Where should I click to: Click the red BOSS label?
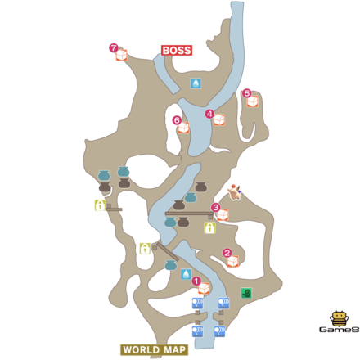(176, 51)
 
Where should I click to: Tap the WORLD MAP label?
(154, 349)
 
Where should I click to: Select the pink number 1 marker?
(196, 281)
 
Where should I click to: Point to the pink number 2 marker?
(227, 253)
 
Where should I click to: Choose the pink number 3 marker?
(215, 208)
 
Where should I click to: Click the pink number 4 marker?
(209, 114)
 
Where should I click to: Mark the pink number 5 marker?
(247, 93)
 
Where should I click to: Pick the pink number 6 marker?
(177, 120)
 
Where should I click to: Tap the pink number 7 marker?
(113, 47)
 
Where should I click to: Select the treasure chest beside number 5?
(253, 101)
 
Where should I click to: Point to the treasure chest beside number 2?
(233, 261)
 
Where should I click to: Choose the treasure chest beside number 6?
(183, 128)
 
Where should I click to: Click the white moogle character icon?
(237, 193)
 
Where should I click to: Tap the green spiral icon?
(246, 292)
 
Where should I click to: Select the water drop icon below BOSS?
(196, 83)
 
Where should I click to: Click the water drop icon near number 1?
(187, 274)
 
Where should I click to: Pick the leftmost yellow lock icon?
(100, 205)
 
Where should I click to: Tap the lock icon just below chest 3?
(209, 228)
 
